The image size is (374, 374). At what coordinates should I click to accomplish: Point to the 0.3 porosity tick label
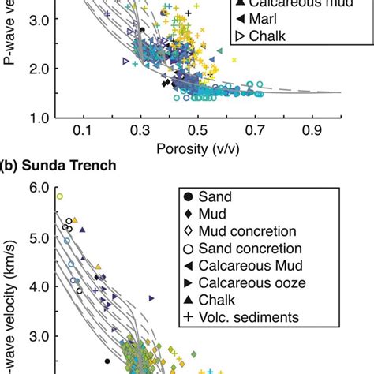coord(141,130)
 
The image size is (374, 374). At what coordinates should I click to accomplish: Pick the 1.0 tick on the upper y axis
coord(39,118)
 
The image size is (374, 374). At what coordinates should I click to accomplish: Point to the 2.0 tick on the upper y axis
coord(39,68)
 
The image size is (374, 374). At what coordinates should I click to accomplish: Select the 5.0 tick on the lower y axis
coord(39,237)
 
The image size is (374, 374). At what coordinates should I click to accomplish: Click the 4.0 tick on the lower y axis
coord(39,286)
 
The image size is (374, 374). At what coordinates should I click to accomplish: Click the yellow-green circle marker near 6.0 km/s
coord(59,196)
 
